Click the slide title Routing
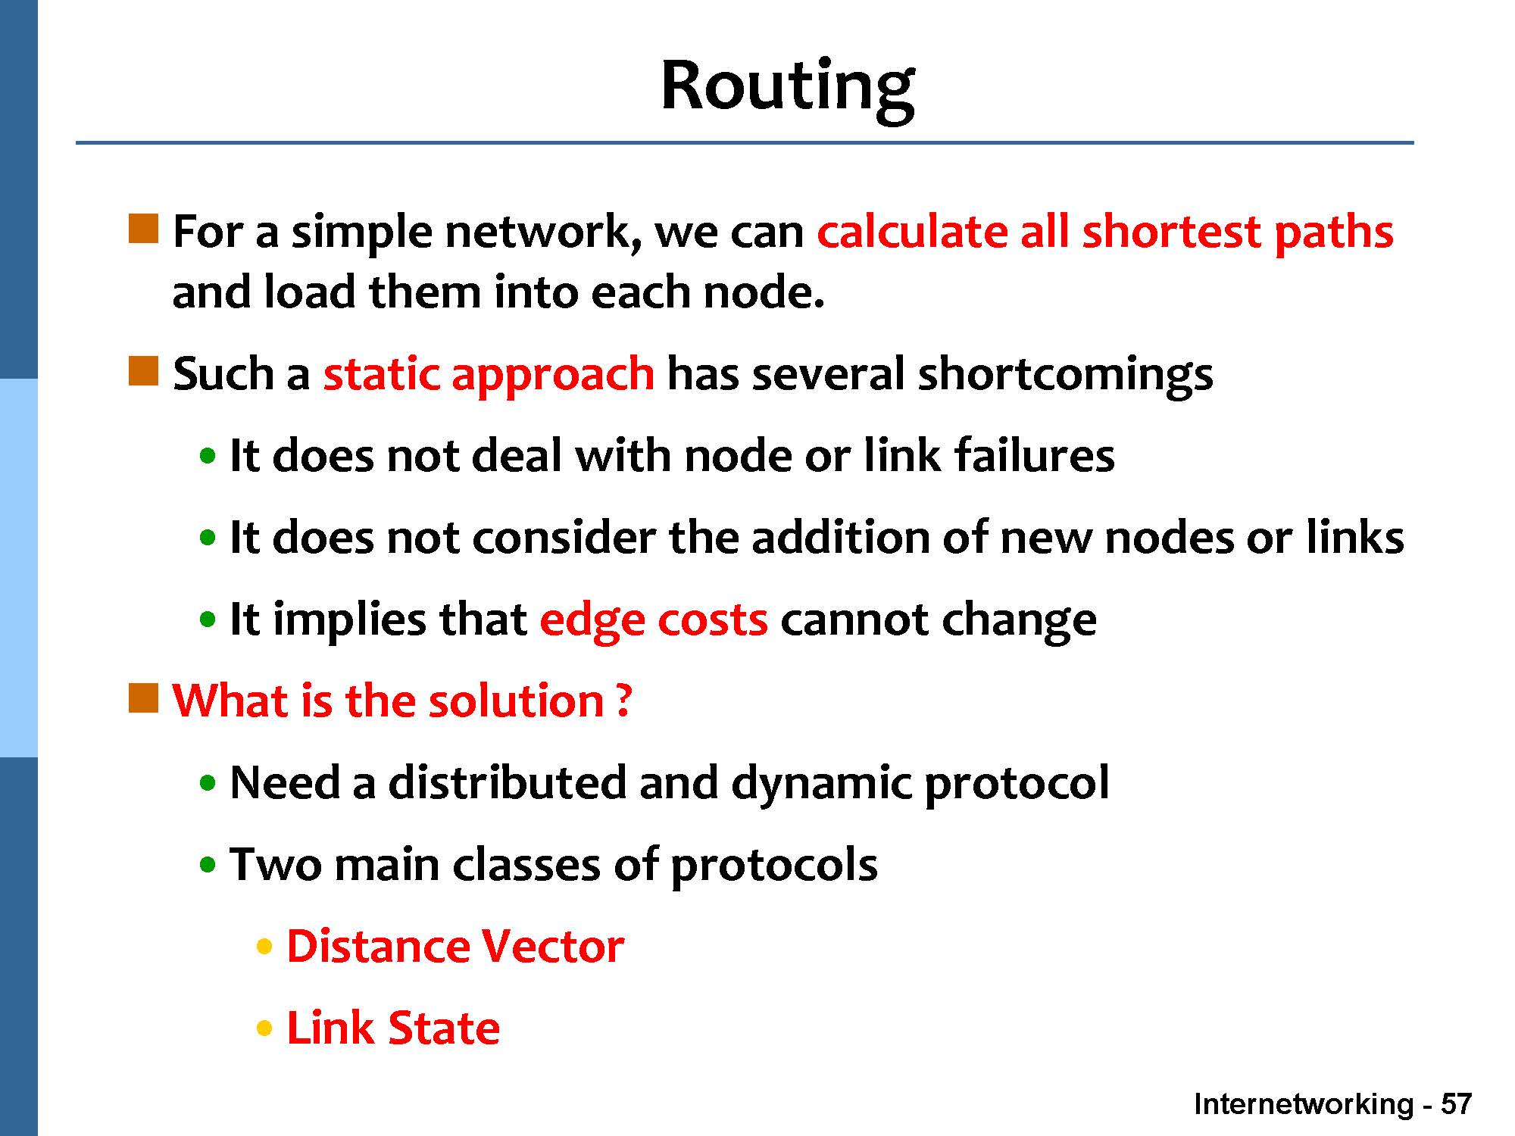[788, 89]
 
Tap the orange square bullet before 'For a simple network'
[144, 229]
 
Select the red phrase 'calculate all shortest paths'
[1105, 232]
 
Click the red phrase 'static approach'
[489, 374]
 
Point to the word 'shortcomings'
[1065, 374]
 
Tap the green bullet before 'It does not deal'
[208, 457]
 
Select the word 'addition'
[840, 538]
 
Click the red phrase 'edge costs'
[654, 619]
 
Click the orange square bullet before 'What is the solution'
[144, 698]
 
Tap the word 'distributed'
[507, 782]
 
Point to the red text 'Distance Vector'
[455, 946]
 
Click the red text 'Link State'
[393, 1028]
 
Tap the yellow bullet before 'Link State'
[264, 1029]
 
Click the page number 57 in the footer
[1456, 1104]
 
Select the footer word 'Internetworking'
[1304, 1105]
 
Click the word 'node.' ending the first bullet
[763, 293]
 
